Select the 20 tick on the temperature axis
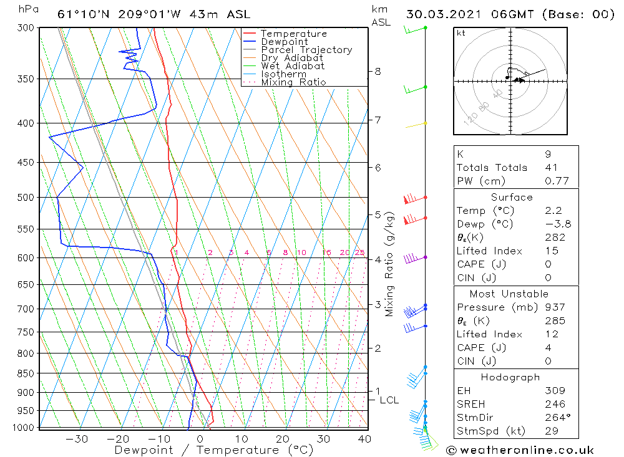click(283, 438)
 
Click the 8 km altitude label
click(378, 72)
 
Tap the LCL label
click(389, 400)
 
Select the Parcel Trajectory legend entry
click(306, 50)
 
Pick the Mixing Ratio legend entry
click(293, 82)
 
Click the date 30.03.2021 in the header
click(449, 14)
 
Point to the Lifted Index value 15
click(551, 251)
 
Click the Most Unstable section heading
click(510, 294)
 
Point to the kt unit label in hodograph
click(461, 33)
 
